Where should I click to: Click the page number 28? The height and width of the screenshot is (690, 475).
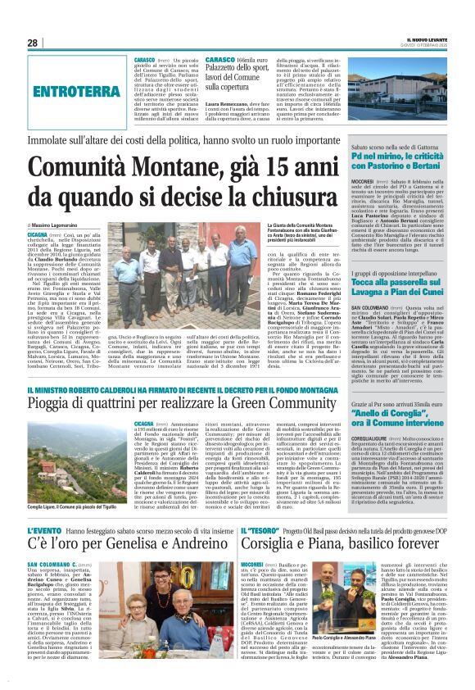[x=33, y=43]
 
